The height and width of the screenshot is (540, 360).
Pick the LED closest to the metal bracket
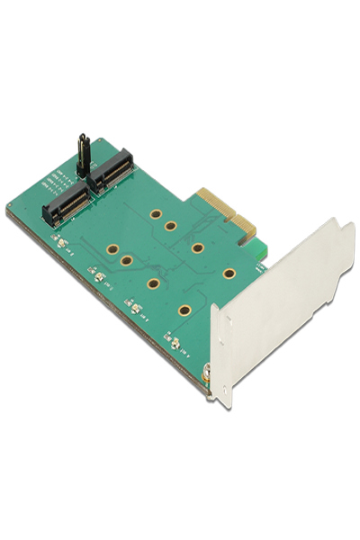click(x=173, y=344)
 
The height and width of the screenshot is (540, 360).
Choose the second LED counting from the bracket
click(x=135, y=310)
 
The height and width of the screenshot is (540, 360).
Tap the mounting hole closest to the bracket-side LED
click(x=184, y=310)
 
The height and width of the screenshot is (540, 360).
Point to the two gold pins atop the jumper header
click(x=82, y=136)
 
